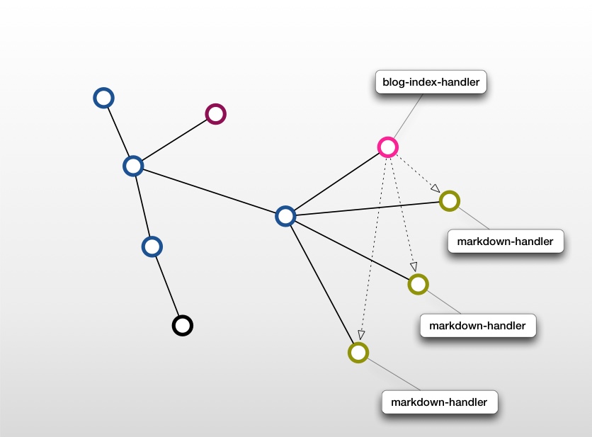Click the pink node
[387, 147]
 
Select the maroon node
[215, 113]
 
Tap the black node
[183, 325]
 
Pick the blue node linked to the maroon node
[133, 166]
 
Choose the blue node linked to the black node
[152, 246]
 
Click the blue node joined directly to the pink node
[285, 216]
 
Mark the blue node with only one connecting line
[104, 98]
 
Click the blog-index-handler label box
[431, 82]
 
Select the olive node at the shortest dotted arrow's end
[450, 200]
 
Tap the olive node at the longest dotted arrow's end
[358, 352]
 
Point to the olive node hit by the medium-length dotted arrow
[418, 284]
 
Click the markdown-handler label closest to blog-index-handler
[505, 242]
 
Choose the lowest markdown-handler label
[439, 402]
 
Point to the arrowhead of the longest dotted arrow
[361, 335]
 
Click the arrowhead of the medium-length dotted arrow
[414, 267]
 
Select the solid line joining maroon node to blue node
[174, 140]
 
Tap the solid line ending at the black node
[168, 286]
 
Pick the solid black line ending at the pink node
[336, 181]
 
